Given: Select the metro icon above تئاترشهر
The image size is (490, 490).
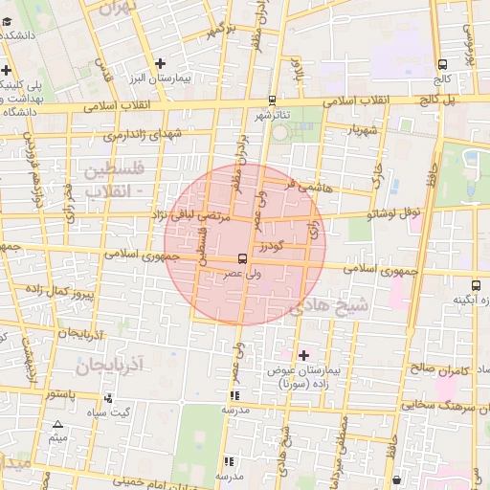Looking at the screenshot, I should [x=273, y=100].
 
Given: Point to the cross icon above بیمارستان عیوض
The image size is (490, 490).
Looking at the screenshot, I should [x=304, y=354].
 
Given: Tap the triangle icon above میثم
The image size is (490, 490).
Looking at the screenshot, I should [x=57, y=424].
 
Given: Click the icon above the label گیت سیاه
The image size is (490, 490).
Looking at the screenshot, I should [x=107, y=398].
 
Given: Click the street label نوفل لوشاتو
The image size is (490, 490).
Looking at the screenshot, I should [x=394, y=214].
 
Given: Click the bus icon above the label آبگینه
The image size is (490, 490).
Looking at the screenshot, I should [x=458, y=283].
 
